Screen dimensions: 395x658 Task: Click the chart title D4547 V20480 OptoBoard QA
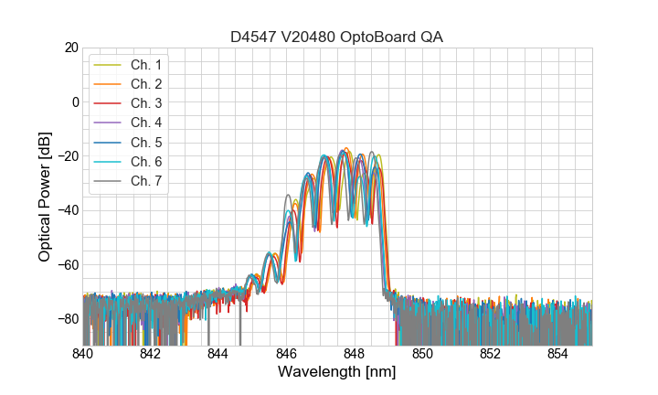(x=337, y=37)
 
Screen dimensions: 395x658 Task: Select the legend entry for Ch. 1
(x=145, y=64)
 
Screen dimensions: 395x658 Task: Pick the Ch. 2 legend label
(x=145, y=84)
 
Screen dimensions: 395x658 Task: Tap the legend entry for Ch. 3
(x=145, y=103)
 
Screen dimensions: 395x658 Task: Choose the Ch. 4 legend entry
(x=145, y=123)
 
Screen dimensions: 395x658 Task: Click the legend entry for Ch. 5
(x=145, y=142)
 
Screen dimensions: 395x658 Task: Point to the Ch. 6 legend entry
(x=145, y=161)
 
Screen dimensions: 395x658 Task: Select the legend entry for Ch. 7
(x=145, y=180)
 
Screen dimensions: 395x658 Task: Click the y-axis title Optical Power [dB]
(x=45, y=197)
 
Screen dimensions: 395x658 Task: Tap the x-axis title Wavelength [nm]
(x=337, y=373)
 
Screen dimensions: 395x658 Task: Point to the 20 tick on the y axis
(x=70, y=48)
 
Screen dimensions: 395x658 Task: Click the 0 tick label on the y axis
(x=74, y=101)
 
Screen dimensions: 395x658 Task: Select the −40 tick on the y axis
(x=67, y=210)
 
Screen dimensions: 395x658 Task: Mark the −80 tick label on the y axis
(x=67, y=319)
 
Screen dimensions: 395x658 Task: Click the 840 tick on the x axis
(x=83, y=353)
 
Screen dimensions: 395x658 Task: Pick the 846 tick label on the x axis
(x=287, y=353)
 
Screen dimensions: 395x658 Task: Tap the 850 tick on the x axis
(x=422, y=353)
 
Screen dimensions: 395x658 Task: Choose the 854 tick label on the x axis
(x=558, y=353)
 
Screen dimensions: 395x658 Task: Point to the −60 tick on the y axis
(x=67, y=265)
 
